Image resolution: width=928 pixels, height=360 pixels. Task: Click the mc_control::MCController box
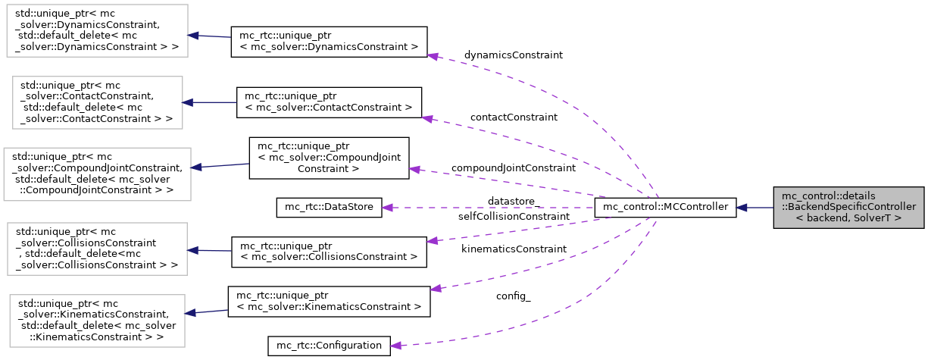665,207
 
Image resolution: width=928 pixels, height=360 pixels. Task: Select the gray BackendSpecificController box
848,207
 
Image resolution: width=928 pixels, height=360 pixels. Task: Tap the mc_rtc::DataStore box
329,207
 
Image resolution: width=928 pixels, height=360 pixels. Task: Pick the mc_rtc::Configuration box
329,346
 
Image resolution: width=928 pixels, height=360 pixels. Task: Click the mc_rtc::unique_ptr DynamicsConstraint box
329,41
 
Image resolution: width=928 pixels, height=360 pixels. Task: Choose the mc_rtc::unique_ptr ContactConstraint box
329,102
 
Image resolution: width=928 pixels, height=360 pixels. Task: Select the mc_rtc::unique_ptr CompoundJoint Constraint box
329,158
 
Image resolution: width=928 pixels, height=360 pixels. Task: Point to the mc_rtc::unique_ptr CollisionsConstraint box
329,251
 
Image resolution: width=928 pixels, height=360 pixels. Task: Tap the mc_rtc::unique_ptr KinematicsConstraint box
329,301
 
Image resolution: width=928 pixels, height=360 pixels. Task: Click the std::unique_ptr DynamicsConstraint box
95,34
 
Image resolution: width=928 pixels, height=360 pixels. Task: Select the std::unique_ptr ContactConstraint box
95,101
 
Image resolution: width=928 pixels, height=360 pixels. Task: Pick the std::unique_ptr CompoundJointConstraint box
95,174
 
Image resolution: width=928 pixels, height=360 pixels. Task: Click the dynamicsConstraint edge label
514,55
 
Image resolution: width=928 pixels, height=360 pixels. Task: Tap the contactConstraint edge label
514,117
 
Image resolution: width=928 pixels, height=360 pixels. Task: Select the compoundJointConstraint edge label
514,167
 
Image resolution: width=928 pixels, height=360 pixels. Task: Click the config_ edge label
514,296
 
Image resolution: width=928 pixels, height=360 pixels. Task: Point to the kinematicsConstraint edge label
513,249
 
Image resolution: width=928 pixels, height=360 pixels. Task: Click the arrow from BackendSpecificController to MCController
755,207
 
